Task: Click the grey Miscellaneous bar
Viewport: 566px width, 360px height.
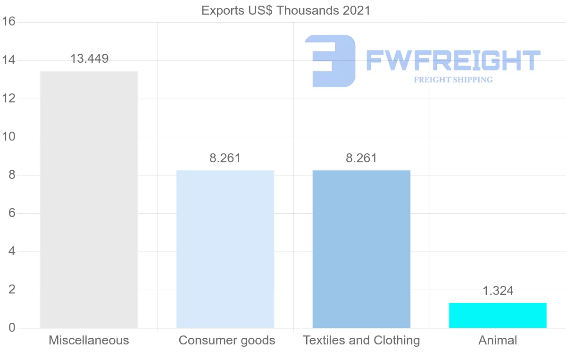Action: tap(89, 199)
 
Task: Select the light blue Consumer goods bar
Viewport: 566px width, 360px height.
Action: tap(225, 249)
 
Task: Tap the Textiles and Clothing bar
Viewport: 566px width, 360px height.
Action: tap(361, 249)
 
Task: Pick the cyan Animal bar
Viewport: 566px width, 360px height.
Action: tap(498, 315)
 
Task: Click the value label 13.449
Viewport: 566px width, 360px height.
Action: tap(89, 59)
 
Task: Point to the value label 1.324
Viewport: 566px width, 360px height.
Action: tap(498, 291)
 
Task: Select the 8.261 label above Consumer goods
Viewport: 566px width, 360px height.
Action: tap(225, 158)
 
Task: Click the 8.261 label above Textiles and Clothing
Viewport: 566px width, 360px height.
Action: tap(361, 158)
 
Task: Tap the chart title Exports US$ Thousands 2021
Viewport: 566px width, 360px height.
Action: tap(286, 10)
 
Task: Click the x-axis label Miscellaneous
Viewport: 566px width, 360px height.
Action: tap(89, 340)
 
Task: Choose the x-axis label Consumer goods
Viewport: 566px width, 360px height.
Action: tap(227, 340)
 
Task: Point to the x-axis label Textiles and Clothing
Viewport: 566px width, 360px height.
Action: tap(361, 340)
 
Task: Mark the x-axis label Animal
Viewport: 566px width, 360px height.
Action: tap(498, 340)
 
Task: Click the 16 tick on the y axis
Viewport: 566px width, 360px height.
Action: tap(9, 22)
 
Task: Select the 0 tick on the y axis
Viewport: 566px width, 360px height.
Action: tap(12, 328)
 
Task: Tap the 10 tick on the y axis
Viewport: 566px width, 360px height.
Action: tap(9, 137)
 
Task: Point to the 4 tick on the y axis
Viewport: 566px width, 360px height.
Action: tap(12, 251)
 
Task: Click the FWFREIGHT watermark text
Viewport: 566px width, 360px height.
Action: tap(453, 61)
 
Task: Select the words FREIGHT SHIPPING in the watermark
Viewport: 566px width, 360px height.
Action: tap(453, 80)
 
